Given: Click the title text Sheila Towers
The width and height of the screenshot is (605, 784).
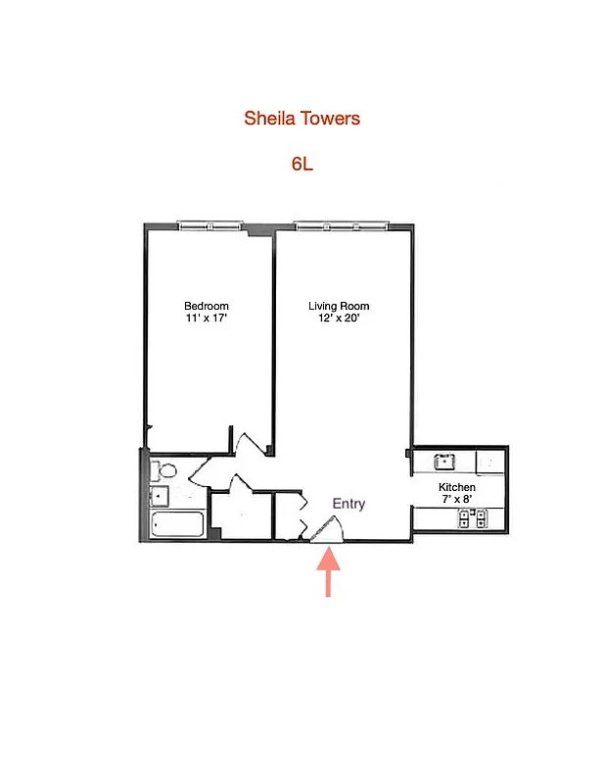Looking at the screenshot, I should (302, 119).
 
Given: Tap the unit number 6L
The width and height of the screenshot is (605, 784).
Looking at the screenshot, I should (302, 164).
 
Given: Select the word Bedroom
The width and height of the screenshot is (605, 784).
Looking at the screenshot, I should (207, 306).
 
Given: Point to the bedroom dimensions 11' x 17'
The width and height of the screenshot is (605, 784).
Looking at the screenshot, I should (207, 318).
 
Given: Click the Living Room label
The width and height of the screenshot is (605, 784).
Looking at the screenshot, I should (339, 306).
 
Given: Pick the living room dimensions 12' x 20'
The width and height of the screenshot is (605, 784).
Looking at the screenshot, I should (339, 318).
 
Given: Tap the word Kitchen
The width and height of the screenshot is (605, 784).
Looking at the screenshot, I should (456, 487).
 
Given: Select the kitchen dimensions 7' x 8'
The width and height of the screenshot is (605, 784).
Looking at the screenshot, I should (456, 500).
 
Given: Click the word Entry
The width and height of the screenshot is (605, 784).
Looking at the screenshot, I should (349, 504).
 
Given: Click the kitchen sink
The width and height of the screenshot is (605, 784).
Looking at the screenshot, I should (444, 461).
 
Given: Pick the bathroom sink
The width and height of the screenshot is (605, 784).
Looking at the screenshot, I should (159, 496).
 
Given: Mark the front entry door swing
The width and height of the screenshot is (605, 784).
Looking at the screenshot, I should (328, 529).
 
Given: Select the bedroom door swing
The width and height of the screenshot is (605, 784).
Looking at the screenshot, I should (251, 442).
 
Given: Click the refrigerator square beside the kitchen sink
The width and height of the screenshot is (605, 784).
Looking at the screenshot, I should (489, 461).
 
